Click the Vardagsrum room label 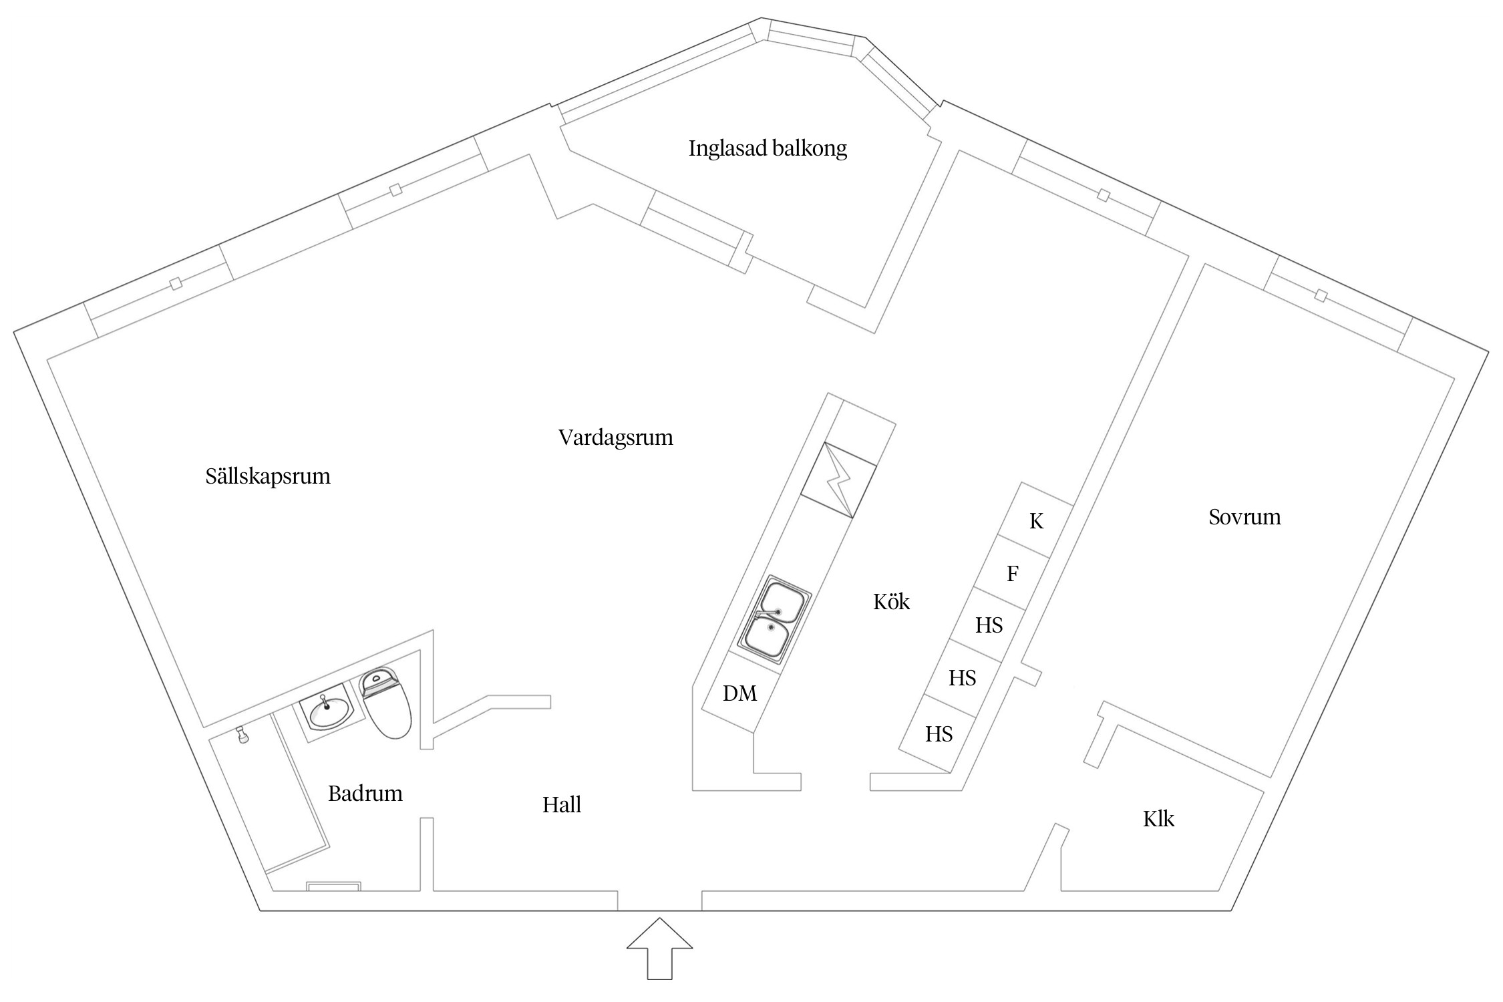[615, 438]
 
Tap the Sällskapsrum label [268, 476]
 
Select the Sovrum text [1244, 517]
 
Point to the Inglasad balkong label [768, 148]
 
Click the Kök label [891, 602]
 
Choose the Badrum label [365, 794]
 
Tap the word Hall [561, 805]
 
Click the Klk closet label [1158, 819]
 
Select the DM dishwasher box [739, 694]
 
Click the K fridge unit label [1036, 521]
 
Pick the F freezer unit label [1012, 573]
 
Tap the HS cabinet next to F [989, 626]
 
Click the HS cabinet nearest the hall [939, 735]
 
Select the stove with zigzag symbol [838, 480]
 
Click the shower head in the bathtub [244, 737]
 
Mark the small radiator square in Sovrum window [1320, 295]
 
